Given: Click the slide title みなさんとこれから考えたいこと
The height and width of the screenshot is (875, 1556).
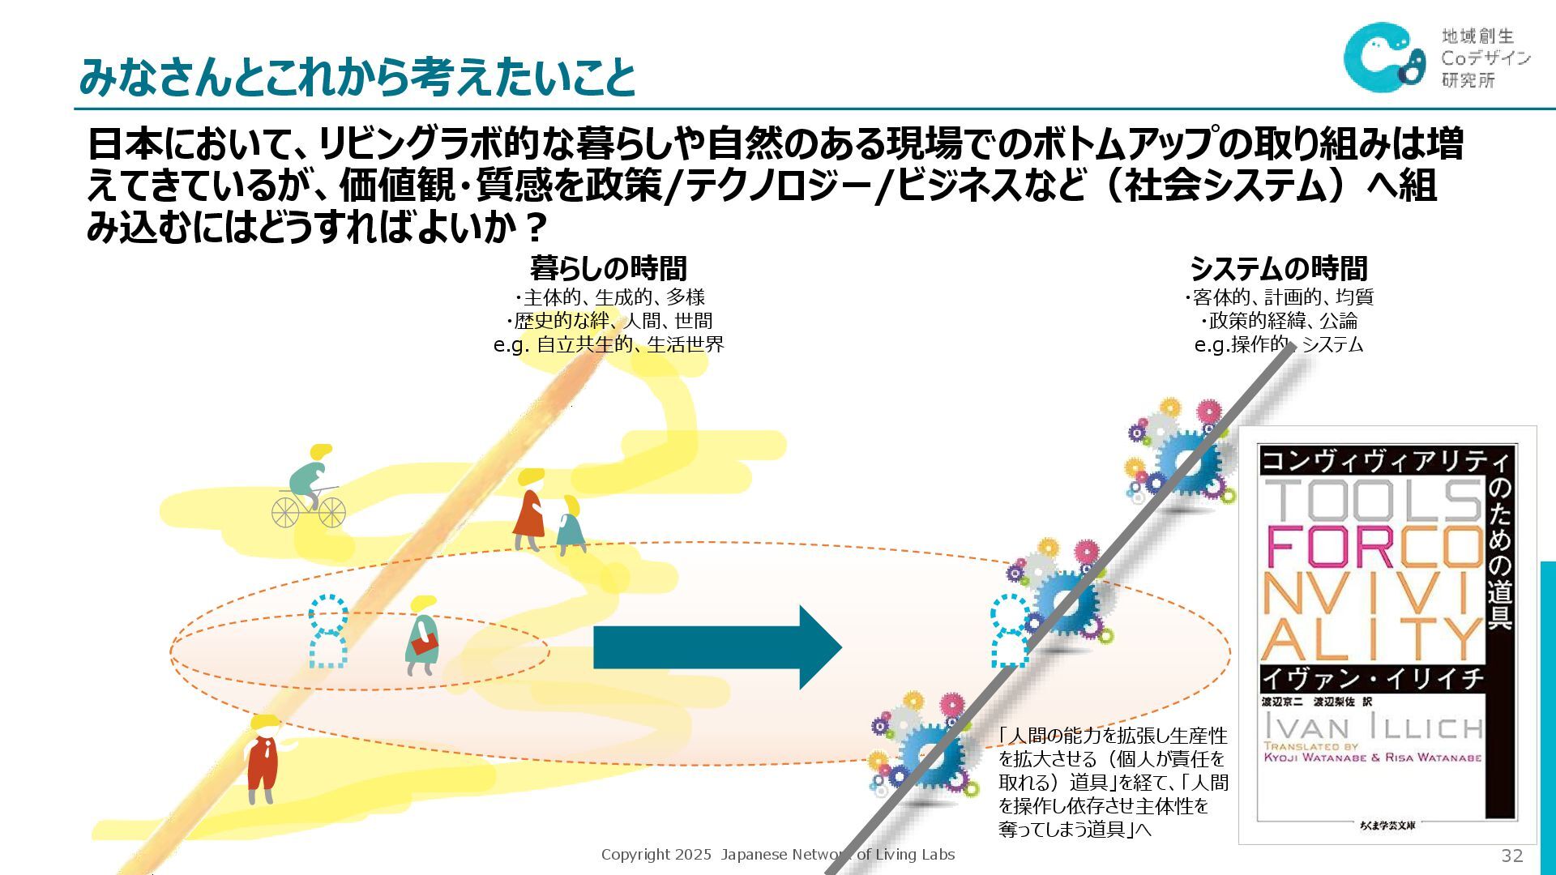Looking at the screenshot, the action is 357,77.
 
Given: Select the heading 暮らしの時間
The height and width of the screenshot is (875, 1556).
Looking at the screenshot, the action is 608,268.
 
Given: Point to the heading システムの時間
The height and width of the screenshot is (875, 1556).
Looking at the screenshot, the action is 1278,268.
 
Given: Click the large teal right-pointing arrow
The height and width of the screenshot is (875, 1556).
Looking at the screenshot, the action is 717,648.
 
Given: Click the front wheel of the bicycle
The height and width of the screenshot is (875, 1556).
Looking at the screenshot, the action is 331,512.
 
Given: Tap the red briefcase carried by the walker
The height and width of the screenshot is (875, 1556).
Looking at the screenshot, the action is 424,645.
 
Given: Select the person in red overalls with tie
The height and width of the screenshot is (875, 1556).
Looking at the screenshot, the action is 263,758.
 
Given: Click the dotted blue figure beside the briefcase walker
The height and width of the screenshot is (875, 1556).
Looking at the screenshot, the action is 328,632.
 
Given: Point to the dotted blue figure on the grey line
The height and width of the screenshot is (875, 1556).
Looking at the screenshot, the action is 1008,630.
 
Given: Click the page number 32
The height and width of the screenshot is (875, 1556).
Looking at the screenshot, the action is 1511,856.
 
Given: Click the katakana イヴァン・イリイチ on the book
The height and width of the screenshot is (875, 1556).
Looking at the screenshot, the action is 1371,678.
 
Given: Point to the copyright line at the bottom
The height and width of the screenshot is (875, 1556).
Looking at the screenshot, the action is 777,855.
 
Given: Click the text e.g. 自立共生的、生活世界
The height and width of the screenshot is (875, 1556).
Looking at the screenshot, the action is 608,344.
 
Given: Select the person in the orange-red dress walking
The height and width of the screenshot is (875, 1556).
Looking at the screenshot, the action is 529,512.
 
